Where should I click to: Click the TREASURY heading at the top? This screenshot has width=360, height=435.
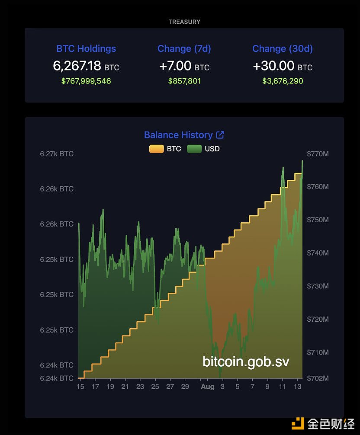pos(184,22)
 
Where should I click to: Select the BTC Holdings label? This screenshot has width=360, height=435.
pos(86,49)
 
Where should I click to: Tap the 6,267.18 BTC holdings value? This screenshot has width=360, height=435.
pos(86,66)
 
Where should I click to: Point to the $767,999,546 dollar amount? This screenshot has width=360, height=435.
pos(86,81)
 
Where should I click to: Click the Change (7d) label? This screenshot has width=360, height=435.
pos(184,49)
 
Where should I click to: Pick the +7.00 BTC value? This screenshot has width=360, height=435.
pos(184,66)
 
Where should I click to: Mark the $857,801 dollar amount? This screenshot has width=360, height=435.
pos(184,81)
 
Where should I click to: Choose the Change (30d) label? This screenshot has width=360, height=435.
pos(283,49)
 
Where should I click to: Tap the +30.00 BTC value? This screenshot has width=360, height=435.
pos(283,66)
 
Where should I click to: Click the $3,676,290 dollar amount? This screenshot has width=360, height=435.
pos(283,81)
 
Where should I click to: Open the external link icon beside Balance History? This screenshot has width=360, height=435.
pos(220,135)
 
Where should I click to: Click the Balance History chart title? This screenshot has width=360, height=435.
pos(178,135)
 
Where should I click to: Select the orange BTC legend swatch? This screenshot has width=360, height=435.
pos(156,149)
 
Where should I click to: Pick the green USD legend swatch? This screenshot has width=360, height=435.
pos(194,149)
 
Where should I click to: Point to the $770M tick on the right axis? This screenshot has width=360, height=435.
pos(318,154)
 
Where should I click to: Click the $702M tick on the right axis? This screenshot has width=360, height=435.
pos(318,378)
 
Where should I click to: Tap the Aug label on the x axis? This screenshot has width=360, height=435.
pos(207,387)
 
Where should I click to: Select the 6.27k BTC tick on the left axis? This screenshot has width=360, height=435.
pos(57,154)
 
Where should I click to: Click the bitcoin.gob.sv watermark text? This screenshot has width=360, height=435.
pos(246,361)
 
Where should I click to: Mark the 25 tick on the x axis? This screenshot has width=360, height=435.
pos(155,387)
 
